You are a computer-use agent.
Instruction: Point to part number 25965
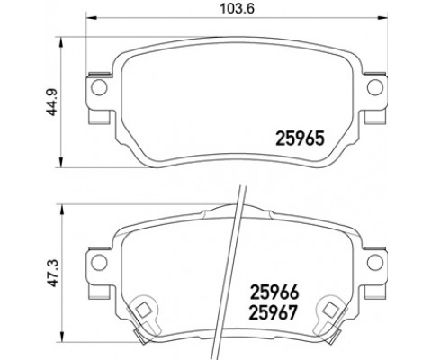(x=298, y=139)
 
